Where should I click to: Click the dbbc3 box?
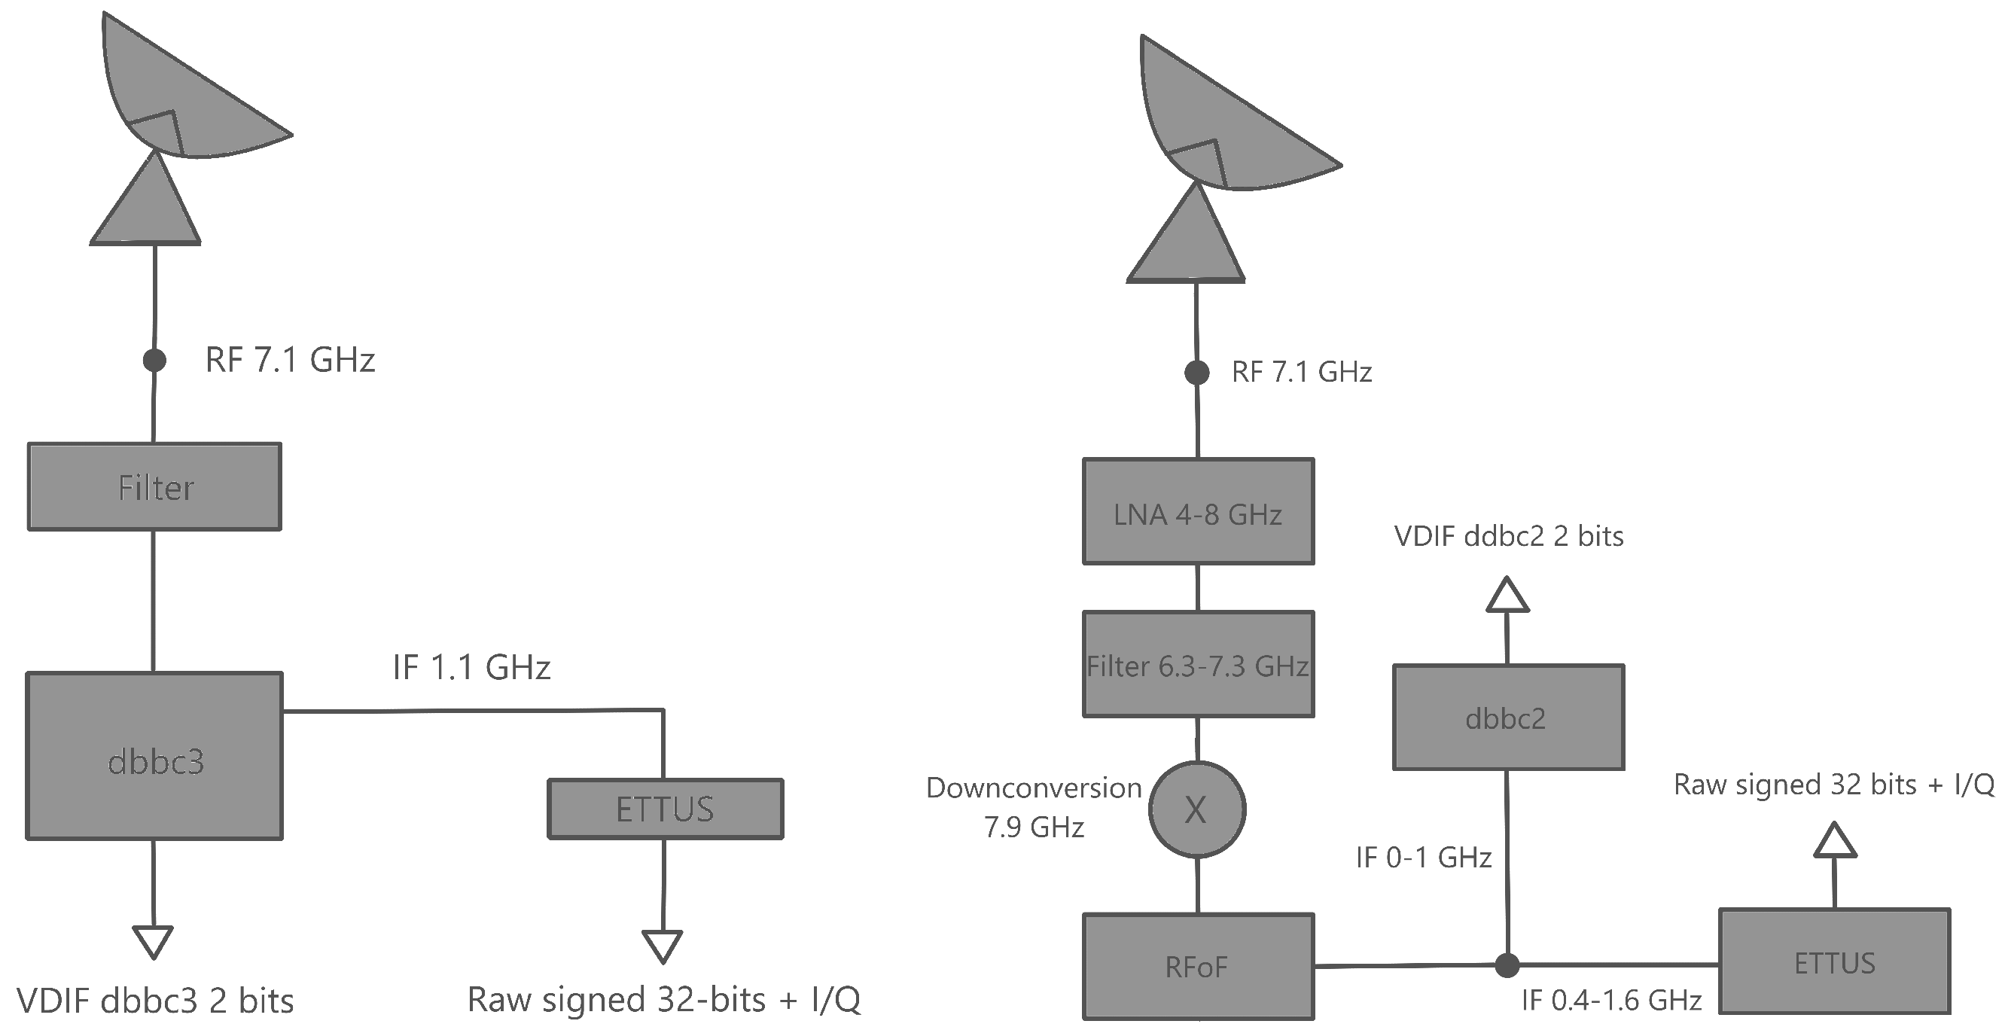click(x=154, y=756)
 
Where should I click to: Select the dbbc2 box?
click(x=1507, y=717)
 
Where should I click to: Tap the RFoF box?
click(x=1198, y=966)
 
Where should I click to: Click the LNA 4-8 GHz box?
click(x=1198, y=511)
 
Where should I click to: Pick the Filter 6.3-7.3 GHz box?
click(x=1198, y=664)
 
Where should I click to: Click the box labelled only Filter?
click(x=154, y=486)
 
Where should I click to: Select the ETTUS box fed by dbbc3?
click(x=665, y=809)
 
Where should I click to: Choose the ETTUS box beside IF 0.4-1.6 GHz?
click(x=1834, y=961)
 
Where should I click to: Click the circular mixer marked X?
click(x=1196, y=809)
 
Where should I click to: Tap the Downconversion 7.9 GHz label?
click(x=1034, y=807)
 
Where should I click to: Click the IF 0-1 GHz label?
click(x=1423, y=857)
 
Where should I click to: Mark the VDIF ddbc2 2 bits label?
click(x=1507, y=536)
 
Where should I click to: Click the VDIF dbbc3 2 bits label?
click(x=155, y=1001)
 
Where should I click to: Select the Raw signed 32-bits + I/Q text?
click(x=663, y=1000)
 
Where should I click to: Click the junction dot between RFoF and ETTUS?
click(x=1507, y=965)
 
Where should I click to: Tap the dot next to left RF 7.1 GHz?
click(x=154, y=361)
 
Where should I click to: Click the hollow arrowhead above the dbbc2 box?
click(x=1507, y=596)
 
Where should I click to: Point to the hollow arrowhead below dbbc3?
click(x=153, y=941)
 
